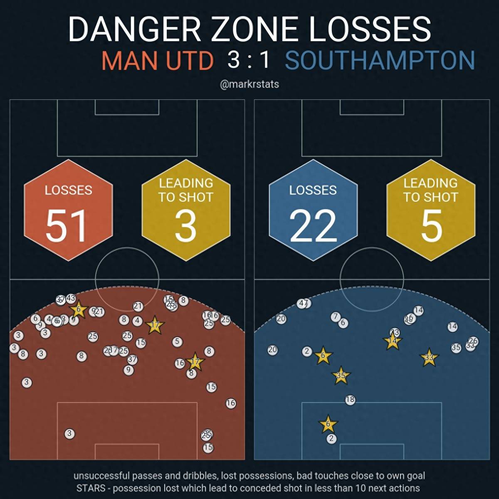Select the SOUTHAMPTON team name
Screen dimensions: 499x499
(x=380, y=61)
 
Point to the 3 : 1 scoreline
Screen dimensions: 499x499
(x=249, y=60)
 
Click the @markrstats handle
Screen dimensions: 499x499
(x=249, y=84)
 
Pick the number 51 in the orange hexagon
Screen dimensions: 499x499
(x=67, y=226)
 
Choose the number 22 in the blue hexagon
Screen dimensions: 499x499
(x=313, y=226)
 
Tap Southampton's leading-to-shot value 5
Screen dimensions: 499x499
(x=431, y=226)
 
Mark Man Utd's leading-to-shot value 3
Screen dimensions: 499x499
(x=185, y=226)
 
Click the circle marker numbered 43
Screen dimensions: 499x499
(x=71, y=298)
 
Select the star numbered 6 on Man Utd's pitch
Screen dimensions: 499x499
(x=79, y=309)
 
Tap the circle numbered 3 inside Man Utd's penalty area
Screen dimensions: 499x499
(x=69, y=434)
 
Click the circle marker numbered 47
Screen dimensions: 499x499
(x=304, y=303)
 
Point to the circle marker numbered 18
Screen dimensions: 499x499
(x=350, y=400)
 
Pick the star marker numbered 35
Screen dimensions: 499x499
(x=341, y=376)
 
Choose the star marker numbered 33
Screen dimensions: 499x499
(x=429, y=358)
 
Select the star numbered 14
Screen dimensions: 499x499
(x=392, y=341)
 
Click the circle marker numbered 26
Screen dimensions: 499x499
(x=473, y=341)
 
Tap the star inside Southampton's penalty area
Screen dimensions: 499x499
(x=328, y=425)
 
